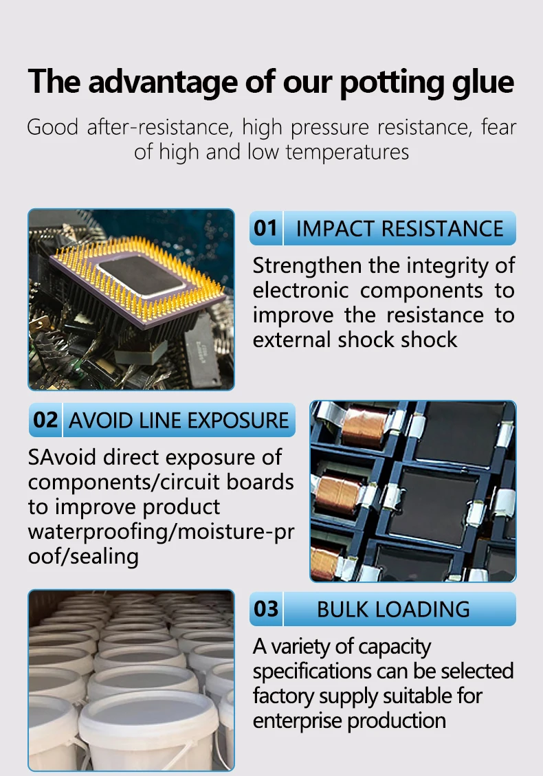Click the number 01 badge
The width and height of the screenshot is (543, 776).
(265, 228)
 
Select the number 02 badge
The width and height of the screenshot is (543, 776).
(45, 419)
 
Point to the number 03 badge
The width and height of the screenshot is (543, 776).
(266, 609)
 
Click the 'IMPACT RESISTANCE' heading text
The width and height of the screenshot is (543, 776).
(399, 228)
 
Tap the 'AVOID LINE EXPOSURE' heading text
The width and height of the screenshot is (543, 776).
(179, 420)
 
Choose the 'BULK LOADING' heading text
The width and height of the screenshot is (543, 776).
(393, 609)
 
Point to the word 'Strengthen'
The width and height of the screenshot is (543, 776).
(307, 265)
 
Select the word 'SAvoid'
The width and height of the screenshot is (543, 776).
(61, 457)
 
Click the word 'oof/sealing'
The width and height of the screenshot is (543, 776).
(83, 556)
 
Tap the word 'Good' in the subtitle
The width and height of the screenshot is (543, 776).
(52, 127)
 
